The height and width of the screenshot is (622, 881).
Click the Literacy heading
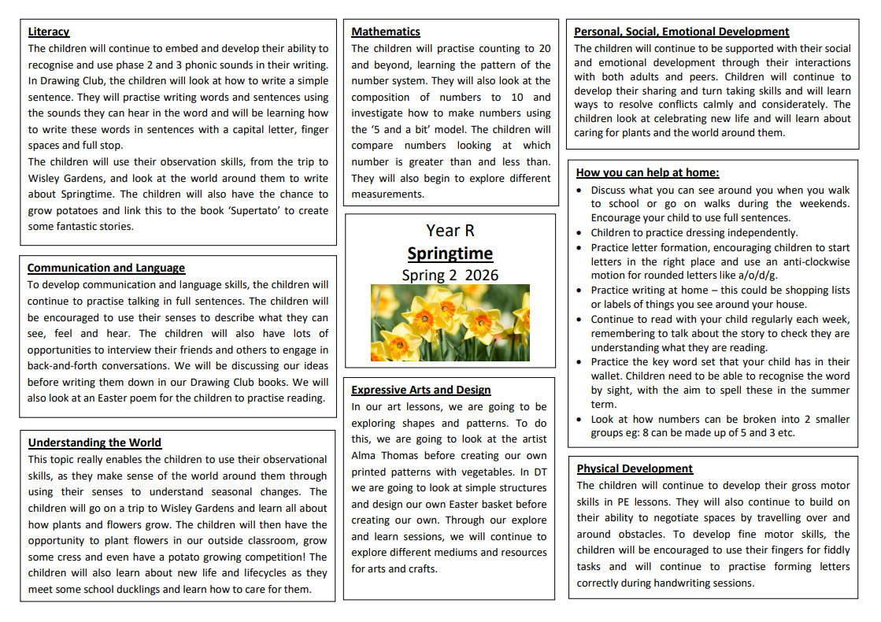48,32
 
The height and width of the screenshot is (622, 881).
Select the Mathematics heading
386,32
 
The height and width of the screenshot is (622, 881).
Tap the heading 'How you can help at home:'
647,173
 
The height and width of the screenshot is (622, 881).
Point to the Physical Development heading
635,469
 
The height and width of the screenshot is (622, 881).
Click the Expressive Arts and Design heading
420,391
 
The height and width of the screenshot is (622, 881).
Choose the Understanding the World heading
94,443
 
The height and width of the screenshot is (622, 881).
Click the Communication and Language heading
106,268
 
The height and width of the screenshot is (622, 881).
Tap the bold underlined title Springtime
450,254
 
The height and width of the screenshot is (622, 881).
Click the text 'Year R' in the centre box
450,231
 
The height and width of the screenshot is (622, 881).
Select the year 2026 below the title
481,276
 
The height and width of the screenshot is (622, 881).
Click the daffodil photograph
450,323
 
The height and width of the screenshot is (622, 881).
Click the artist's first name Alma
366,456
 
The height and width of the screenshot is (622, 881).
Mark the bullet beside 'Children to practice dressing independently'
580,233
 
